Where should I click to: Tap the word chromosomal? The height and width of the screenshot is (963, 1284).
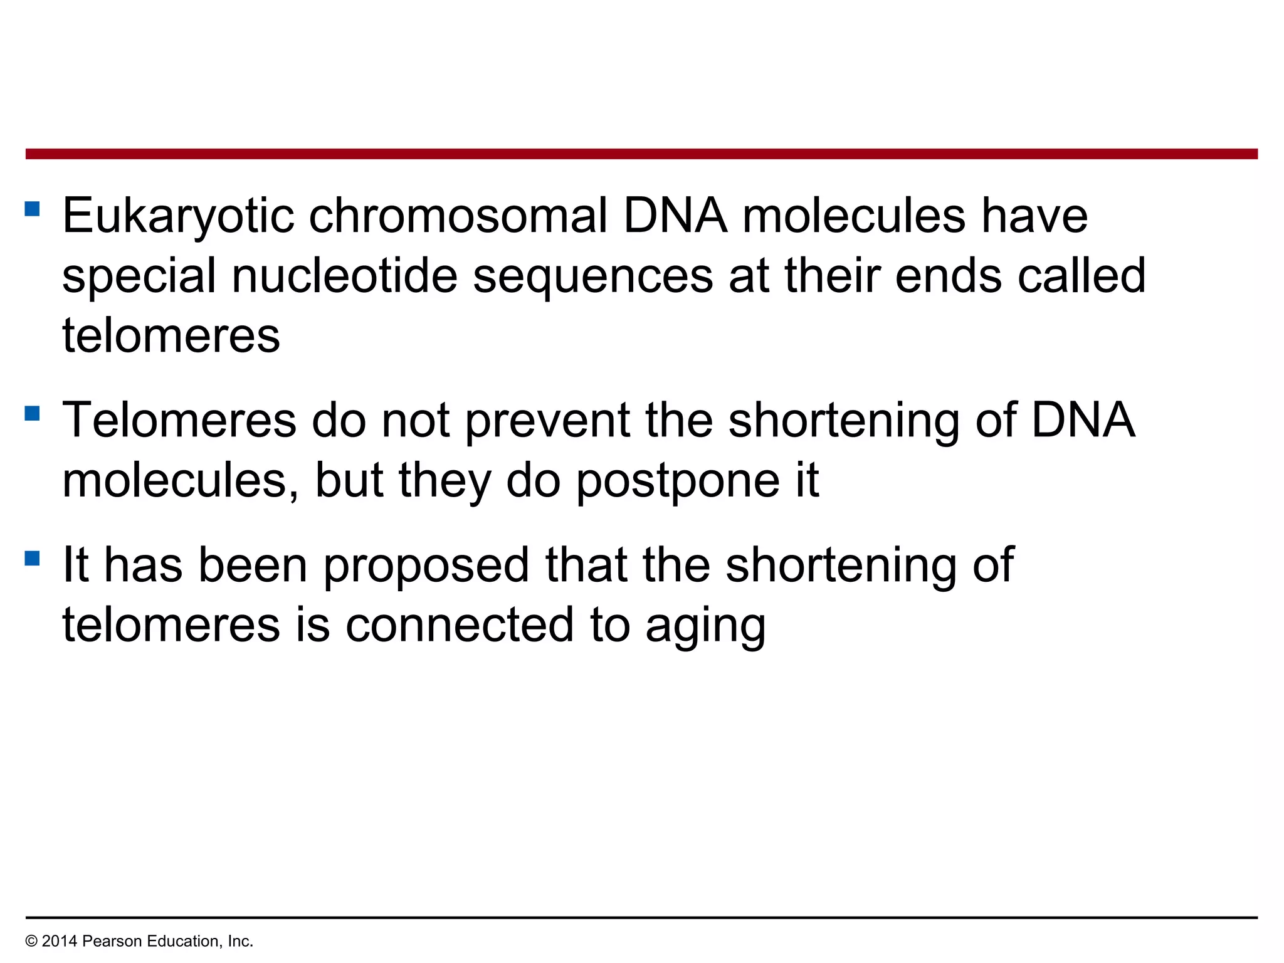coord(458,216)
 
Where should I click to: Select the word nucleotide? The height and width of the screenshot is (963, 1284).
coord(344,276)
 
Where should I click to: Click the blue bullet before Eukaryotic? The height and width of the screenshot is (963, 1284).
coord(33,208)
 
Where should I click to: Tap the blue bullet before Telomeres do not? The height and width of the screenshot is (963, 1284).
coord(33,413)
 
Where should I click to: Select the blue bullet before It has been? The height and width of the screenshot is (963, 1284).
coord(33,558)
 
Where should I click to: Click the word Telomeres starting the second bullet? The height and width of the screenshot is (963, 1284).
coord(179,420)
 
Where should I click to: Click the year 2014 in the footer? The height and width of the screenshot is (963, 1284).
coord(60,941)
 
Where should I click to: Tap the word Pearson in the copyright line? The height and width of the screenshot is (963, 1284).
coord(108,941)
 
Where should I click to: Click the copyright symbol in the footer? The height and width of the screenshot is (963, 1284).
coord(31,941)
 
